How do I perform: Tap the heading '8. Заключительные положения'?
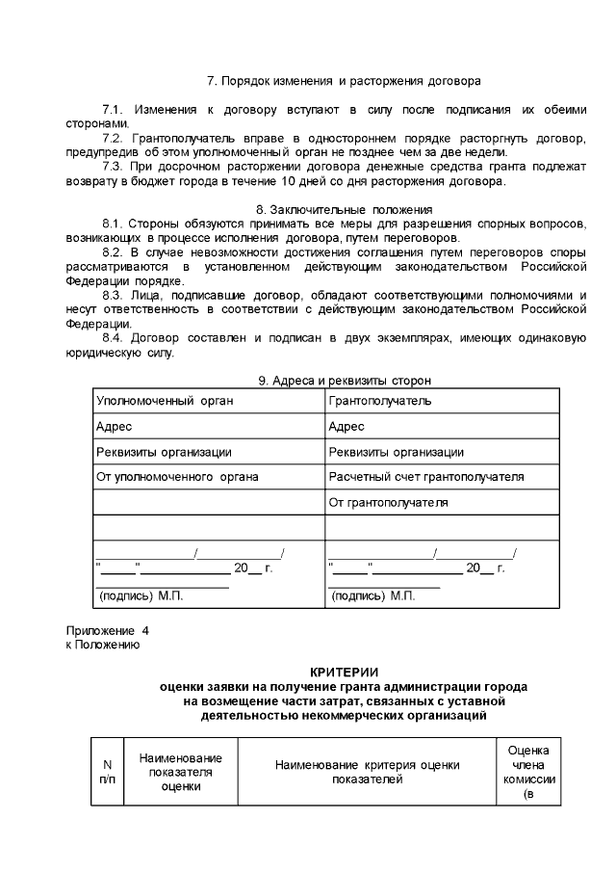(344, 209)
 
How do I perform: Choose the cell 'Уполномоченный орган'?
(165, 401)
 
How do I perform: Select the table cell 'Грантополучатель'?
(380, 401)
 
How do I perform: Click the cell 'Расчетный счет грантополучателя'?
(426, 476)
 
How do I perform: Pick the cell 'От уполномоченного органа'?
(178, 476)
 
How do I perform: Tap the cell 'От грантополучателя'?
(388, 502)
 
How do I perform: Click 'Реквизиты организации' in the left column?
(164, 451)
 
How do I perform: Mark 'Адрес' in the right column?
(346, 426)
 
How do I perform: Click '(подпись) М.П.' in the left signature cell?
(141, 596)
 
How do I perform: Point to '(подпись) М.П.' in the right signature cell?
(373, 596)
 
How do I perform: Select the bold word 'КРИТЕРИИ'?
(344, 672)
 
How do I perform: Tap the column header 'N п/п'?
(107, 771)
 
